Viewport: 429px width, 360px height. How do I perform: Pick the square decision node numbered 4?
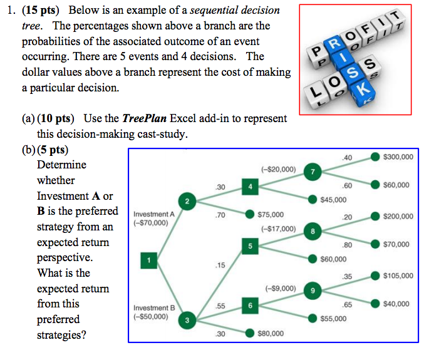(x=249, y=186)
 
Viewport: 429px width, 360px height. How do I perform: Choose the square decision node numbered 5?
(x=249, y=245)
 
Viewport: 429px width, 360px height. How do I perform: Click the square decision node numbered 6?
(x=249, y=305)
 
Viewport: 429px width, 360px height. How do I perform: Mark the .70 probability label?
(x=220, y=214)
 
